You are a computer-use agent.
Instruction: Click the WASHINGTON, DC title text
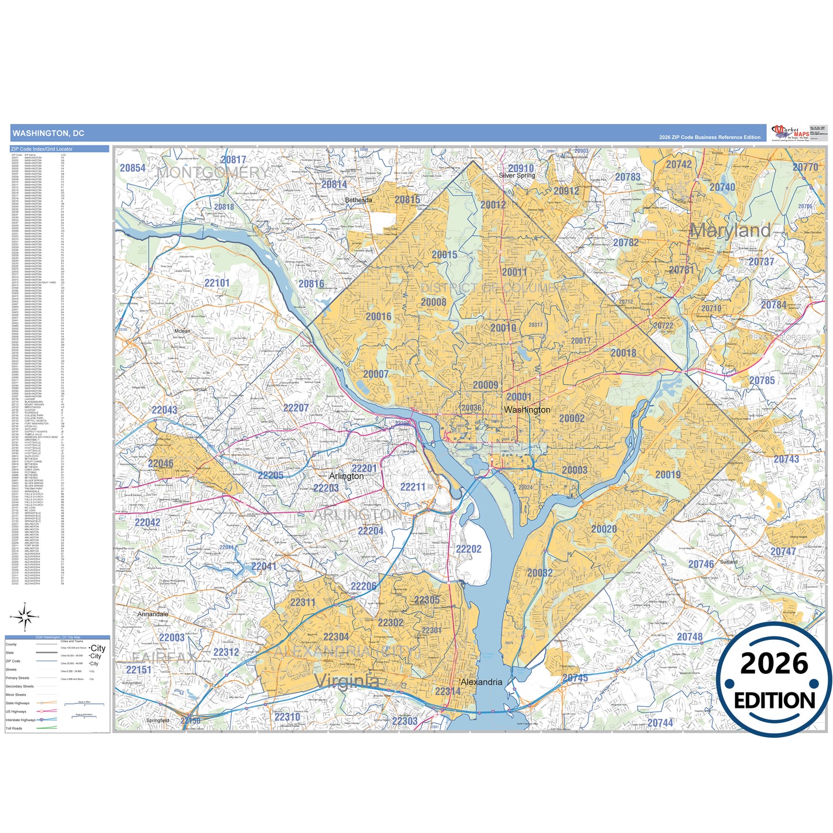pos(48,133)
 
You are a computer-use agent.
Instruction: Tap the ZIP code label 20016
pos(378,316)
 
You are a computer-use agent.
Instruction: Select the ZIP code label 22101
pos(217,283)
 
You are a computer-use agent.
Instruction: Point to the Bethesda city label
pos(358,200)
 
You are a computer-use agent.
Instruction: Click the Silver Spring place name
pos(517,175)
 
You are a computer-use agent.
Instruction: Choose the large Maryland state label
pos(730,231)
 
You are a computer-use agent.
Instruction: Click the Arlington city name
pos(346,476)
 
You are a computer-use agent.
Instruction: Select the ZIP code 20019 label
pos(668,475)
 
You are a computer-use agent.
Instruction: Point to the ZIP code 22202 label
pos(468,549)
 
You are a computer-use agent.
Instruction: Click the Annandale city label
pos(153,614)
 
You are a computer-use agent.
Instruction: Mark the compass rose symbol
pos(25,617)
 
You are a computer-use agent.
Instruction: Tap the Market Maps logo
pos(791,133)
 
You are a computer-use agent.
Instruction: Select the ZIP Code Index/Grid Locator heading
pos(42,149)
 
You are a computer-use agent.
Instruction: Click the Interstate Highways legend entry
pos(21,720)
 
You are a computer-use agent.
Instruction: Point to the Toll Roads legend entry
pos(14,729)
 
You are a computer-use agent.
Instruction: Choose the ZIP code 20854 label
pos(133,168)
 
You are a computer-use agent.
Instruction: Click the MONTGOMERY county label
pos(213,172)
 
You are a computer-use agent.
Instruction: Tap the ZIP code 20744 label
pos(660,723)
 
